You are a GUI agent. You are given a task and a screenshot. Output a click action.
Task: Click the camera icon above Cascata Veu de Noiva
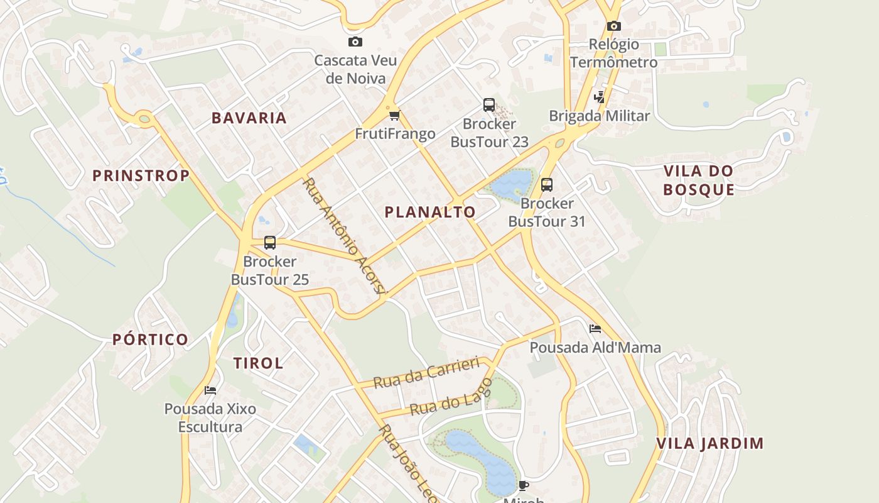pos(355,42)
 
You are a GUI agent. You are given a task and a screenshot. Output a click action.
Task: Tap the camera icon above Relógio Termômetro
pos(614,26)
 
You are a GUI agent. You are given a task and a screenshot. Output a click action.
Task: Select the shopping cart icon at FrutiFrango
pos(394,115)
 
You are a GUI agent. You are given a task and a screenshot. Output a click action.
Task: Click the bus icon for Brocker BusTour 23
pos(489,105)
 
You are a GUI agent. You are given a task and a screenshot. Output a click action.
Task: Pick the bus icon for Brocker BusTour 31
pos(547,185)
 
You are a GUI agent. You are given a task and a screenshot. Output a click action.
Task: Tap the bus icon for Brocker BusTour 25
pos(270,243)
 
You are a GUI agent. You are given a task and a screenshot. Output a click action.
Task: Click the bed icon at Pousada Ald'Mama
pos(595,329)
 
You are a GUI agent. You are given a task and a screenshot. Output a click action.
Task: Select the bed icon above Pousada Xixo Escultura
pos(210,390)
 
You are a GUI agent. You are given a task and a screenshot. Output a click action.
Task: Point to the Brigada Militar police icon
pos(600,97)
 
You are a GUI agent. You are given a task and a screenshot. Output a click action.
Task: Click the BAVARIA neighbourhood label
pos(249,118)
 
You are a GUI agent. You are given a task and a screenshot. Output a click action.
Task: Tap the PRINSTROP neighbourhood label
pos(141,176)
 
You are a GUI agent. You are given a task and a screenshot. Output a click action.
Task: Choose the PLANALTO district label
pos(430,213)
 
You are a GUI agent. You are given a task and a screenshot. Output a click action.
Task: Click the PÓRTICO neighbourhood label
pos(151,340)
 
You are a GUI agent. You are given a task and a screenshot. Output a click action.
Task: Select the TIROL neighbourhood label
pos(259,363)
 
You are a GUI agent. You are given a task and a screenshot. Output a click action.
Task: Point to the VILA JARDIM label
pos(710,443)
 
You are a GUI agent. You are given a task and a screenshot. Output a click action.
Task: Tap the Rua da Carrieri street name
pos(426,373)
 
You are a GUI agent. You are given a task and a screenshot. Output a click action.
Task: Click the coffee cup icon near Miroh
pos(524,485)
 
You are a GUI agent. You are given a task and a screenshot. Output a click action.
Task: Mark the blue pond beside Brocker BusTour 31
pos(512,184)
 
